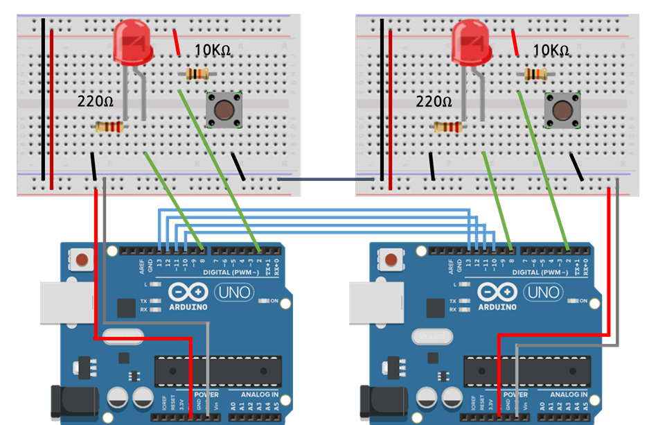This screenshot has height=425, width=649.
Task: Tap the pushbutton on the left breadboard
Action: coord(224,110)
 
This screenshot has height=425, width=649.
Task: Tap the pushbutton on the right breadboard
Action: coord(562,110)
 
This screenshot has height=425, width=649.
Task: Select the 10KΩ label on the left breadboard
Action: coord(213,51)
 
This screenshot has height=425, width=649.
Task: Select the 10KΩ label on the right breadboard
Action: coord(551,51)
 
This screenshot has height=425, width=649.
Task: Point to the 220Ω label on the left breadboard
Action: coord(95,102)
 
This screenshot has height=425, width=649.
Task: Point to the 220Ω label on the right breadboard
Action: coord(434,102)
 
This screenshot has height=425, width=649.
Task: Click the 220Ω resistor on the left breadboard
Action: coord(109,127)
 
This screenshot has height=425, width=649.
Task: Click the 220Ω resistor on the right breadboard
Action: coord(448,127)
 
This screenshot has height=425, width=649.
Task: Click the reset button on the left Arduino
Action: coord(82,261)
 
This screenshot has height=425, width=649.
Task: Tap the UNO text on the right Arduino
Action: coord(544,293)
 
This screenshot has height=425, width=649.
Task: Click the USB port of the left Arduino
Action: coord(66,302)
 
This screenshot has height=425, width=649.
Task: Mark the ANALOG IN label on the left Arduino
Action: coord(259,394)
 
